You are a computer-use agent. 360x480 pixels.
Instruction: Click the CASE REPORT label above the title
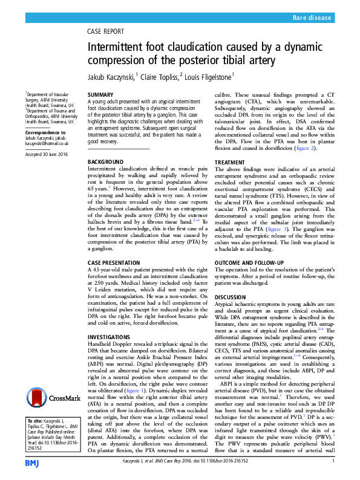pos(107,31)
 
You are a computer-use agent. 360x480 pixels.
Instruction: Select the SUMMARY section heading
pos(100,96)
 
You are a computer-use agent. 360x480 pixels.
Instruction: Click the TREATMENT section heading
pos(231,163)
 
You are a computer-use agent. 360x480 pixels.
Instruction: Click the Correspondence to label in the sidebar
pos(45,131)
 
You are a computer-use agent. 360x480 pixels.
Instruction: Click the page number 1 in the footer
pos(333,461)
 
